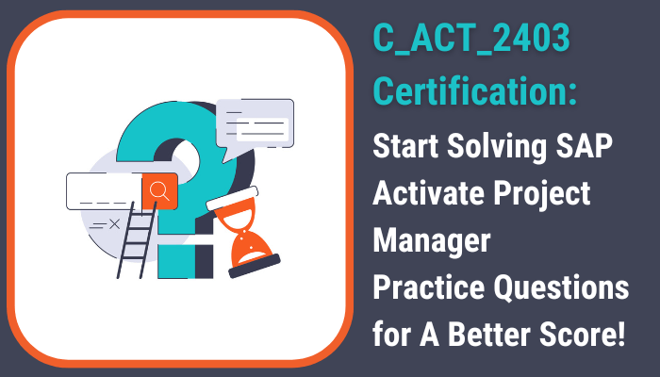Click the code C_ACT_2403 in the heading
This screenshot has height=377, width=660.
[471, 39]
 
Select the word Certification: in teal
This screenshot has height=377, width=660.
[475, 90]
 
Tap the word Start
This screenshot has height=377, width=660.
[405, 146]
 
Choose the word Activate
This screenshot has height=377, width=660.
[429, 193]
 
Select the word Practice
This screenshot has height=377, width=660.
[429, 287]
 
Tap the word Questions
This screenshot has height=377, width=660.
[562, 287]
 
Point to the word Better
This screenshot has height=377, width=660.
[489, 335]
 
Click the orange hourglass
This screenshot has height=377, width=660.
[243, 232]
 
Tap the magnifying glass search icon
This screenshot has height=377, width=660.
[159, 190]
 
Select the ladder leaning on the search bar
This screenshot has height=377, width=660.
[136, 239]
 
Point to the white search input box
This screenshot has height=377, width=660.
[105, 191]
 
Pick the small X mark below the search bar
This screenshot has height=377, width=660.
[114, 224]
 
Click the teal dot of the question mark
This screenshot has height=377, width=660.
[176, 261]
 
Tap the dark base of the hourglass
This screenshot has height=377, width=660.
[255, 266]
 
